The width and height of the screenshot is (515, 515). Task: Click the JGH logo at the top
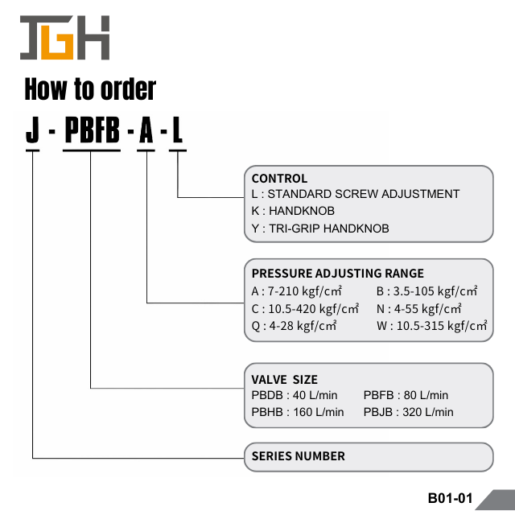(x=64, y=38)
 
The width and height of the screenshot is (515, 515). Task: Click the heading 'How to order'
(x=90, y=89)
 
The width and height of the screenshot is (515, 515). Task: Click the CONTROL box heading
(x=279, y=179)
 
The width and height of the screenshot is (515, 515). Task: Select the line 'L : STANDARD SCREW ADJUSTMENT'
(x=356, y=194)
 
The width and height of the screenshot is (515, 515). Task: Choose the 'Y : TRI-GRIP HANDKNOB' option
(x=320, y=229)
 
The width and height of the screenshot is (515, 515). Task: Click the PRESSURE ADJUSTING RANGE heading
(x=337, y=274)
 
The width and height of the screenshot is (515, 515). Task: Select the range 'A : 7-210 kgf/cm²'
(x=298, y=290)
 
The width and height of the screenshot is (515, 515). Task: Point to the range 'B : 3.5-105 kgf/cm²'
(x=427, y=290)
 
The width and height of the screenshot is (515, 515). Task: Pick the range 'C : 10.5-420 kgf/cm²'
(x=305, y=308)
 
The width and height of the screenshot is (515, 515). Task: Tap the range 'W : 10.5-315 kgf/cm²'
(x=432, y=326)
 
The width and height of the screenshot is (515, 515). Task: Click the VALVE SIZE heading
(x=285, y=379)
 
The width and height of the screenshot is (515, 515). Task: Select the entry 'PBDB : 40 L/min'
(x=295, y=395)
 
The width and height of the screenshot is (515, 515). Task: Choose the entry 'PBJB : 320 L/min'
(x=408, y=412)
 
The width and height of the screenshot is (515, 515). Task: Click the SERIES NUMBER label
(x=299, y=456)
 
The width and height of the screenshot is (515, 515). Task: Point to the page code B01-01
(x=450, y=498)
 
